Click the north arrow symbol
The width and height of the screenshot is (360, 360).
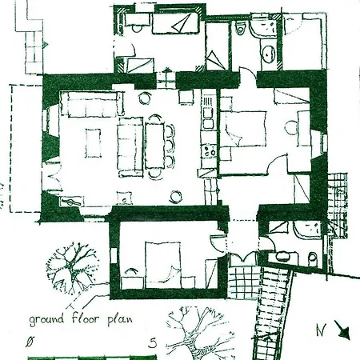pyautogui.click(x=343, y=330)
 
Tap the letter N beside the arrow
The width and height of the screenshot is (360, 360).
pyautogui.click(x=321, y=330)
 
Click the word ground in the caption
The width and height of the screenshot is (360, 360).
pyautogui.click(x=46, y=319)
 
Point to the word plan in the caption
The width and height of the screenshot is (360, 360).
pyautogui.click(x=120, y=320)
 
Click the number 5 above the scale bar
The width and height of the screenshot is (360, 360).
pyautogui.click(x=153, y=343)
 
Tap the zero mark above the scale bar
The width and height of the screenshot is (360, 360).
pyautogui.click(x=30, y=342)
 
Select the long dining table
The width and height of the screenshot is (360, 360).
pyautogui.click(x=154, y=146)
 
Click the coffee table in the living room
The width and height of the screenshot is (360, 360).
pyautogui.click(x=93, y=143)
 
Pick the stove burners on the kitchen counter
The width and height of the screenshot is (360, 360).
pyautogui.click(x=209, y=151)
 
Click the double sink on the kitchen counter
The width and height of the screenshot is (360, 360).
pyautogui.click(x=208, y=118)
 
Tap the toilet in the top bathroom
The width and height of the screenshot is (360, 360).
pyautogui.click(x=240, y=27)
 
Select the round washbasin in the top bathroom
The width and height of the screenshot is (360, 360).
pyautogui.click(x=269, y=53)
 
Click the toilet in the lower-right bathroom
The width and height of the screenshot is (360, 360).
pyautogui.click(x=312, y=258)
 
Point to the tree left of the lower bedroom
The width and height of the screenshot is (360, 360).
pyautogui.click(x=71, y=266)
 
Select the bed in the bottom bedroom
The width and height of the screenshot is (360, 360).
pyautogui.click(x=163, y=265)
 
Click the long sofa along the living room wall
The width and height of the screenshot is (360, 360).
pyautogui.click(x=92, y=103)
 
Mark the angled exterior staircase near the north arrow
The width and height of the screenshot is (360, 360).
pyautogui.click(x=273, y=312)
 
